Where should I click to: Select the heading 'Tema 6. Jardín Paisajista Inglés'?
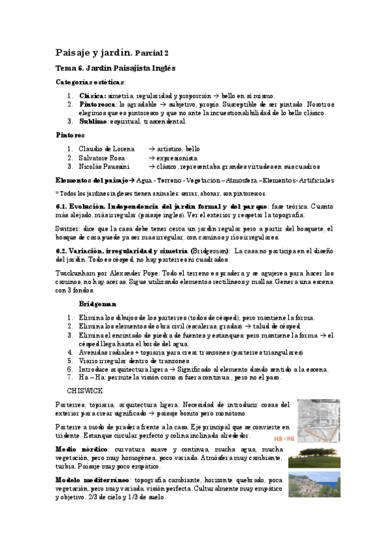(116, 68)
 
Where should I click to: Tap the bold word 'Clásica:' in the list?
(94, 96)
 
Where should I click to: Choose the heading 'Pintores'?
(70, 135)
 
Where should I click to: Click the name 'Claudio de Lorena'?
(107, 149)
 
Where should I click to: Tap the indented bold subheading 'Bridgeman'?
(97, 304)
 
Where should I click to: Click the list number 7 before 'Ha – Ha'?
(70, 377)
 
